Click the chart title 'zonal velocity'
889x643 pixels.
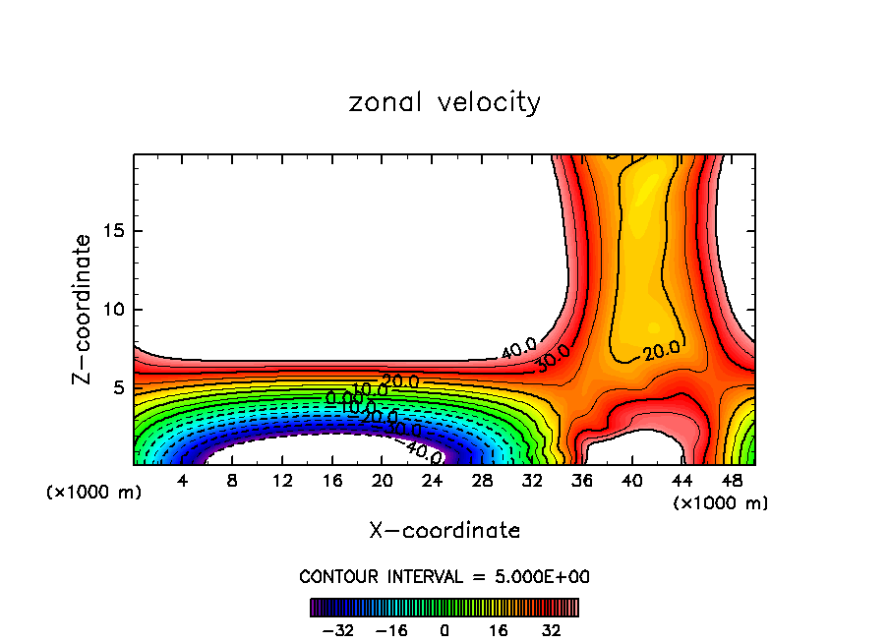444,102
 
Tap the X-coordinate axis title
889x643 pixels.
444,531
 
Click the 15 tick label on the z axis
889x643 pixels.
112,232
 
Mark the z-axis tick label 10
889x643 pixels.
112,310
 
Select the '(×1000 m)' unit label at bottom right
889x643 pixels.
721,503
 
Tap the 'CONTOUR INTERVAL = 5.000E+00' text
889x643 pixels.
444,576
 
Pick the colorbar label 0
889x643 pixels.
444,630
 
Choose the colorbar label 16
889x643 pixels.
500,630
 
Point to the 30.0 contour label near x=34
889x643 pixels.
553,360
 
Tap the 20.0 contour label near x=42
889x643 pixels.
661,350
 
